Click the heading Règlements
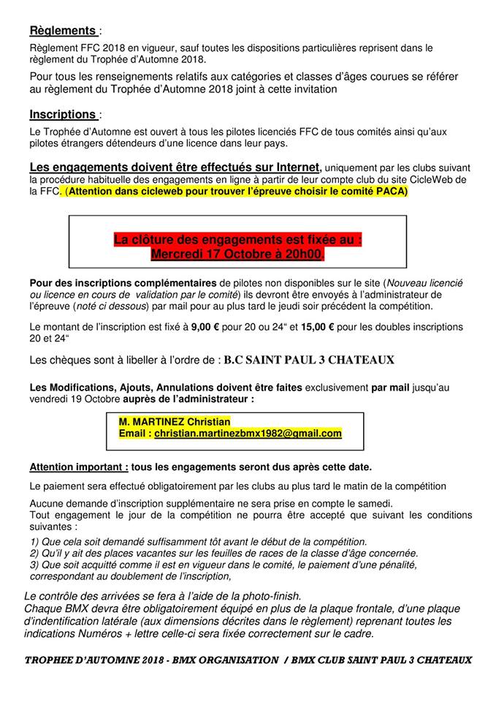(x=63, y=31)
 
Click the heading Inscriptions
(x=63, y=114)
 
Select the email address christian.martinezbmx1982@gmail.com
(x=248, y=434)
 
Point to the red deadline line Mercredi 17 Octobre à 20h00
(x=237, y=254)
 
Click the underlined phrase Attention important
(x=79, y=467)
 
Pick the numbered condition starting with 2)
(x=224, y=554)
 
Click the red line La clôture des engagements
(x=237, y=239)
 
